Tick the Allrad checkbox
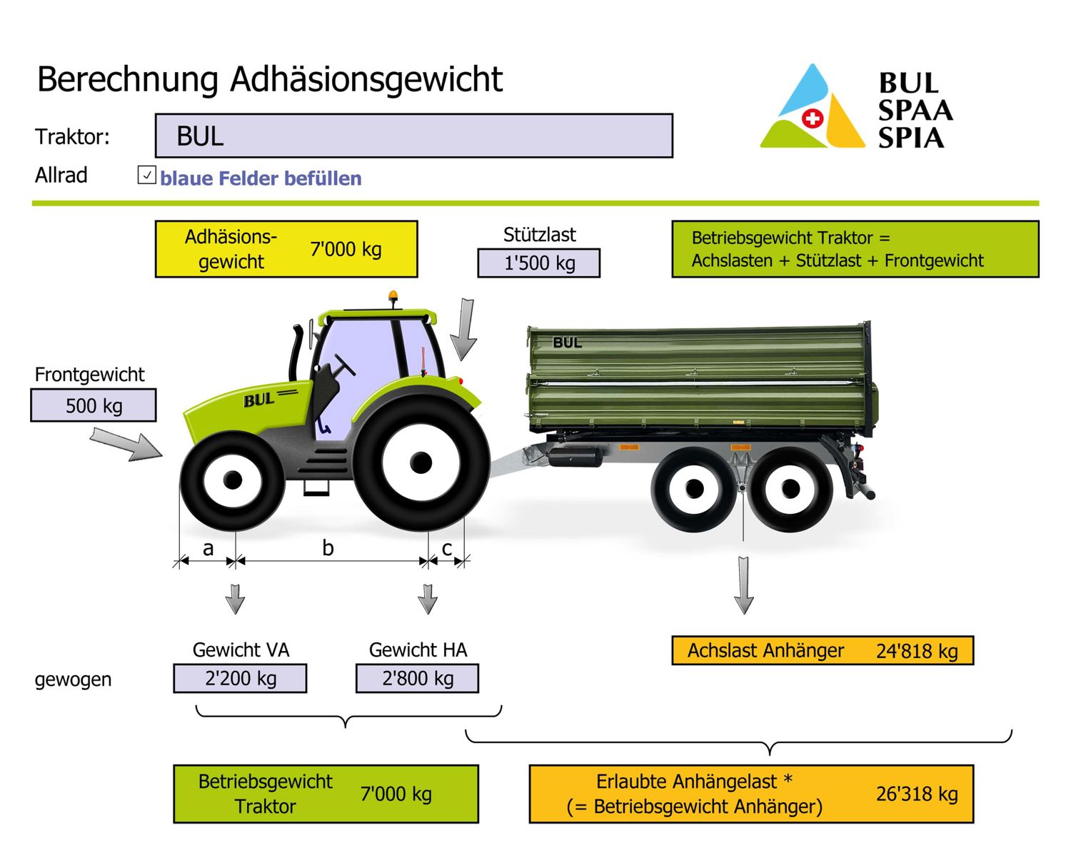tap(146, 175)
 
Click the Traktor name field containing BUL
tap(413, 136)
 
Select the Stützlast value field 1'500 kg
tap(539, 263)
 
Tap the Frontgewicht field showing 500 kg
tap(94, 405)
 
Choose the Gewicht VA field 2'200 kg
tap(240, 678)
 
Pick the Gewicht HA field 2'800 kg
tap(418, 678)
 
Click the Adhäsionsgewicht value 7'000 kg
tap(346, 249)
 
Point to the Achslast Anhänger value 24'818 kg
tap(917, 651)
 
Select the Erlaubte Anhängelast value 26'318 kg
tap(917, 794)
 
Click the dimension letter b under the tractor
tap(328, 548)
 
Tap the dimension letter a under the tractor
tap(208, 548)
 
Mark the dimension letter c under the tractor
tap(447, 548)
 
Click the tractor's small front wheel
tap(232, 480)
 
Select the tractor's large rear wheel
tap(421, 462)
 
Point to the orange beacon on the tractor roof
tap(393, 296)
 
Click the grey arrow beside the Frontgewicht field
tap(125, 444)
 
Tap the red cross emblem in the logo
tap(812, 118)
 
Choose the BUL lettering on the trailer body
tap(567, 343)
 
